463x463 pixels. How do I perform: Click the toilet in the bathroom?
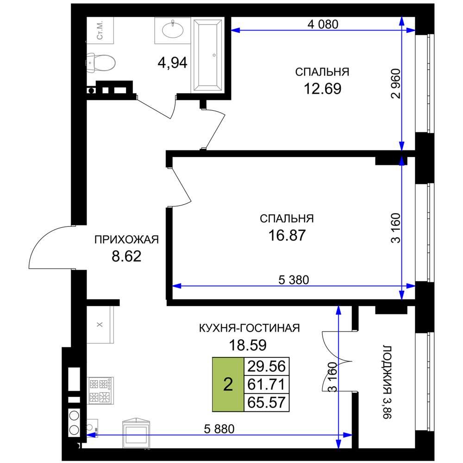click(101, 63)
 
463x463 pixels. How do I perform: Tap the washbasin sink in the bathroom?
click(173, 30)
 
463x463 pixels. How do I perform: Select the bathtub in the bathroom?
click(207, 55)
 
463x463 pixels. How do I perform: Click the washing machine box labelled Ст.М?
click(100, 30)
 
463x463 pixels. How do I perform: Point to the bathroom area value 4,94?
click(172, 63)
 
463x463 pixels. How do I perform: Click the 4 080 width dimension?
click(323, 24)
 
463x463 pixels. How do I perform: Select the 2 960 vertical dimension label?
click(395, 83)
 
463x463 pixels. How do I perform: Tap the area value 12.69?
click(322, 88)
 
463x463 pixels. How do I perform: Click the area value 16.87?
click(287, 235)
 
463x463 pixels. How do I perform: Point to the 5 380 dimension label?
click(294, 280)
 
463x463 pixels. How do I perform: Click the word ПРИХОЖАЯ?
click(127, 239)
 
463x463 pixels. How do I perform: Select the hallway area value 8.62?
click(126, 257)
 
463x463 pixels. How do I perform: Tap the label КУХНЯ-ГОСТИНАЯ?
click(250, 328)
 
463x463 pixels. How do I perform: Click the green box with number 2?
click(228, 384)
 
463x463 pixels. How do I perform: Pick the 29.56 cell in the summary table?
click(266, 366)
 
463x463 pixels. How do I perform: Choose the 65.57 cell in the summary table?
click(266, 402)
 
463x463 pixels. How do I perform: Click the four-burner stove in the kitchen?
click(100, 390)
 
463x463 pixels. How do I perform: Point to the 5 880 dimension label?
click(219, 429)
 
